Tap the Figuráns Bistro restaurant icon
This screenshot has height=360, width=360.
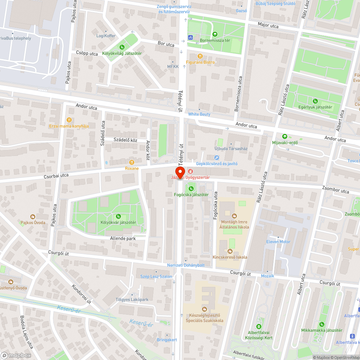pyautogui.click(x=200, y=56)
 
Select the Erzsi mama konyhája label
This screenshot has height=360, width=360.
pyautogui.click(x=69, y=126)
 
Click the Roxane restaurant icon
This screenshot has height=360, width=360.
pyautogui.click(x=132, y=162)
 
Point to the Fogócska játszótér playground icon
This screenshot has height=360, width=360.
pyautogui.click(x=191, y=188)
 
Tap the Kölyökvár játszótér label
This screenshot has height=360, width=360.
pyautogui.click(x=118, y=222)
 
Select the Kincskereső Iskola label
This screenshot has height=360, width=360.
pyautogui.click(x=230, y=257)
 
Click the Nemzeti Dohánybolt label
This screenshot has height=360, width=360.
pyautogui.click(x=186, y=265)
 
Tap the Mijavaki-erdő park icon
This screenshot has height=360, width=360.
pyautogui.click(x=285, y=136)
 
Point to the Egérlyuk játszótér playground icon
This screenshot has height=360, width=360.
pyautogui.click(x=315, y=101)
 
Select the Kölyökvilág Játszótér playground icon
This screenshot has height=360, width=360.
pyautogui.click(x=122, y=47)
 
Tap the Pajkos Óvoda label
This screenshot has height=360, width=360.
pyautogui.click(x=33, y=222)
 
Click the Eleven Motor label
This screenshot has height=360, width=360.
pyautogui.click(x=278, y=242)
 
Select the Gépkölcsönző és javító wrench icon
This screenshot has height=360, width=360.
pyautogui.click(x=216, y=157)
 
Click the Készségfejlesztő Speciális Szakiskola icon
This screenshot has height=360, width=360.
pyautogui.click(x=204, y=309)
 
